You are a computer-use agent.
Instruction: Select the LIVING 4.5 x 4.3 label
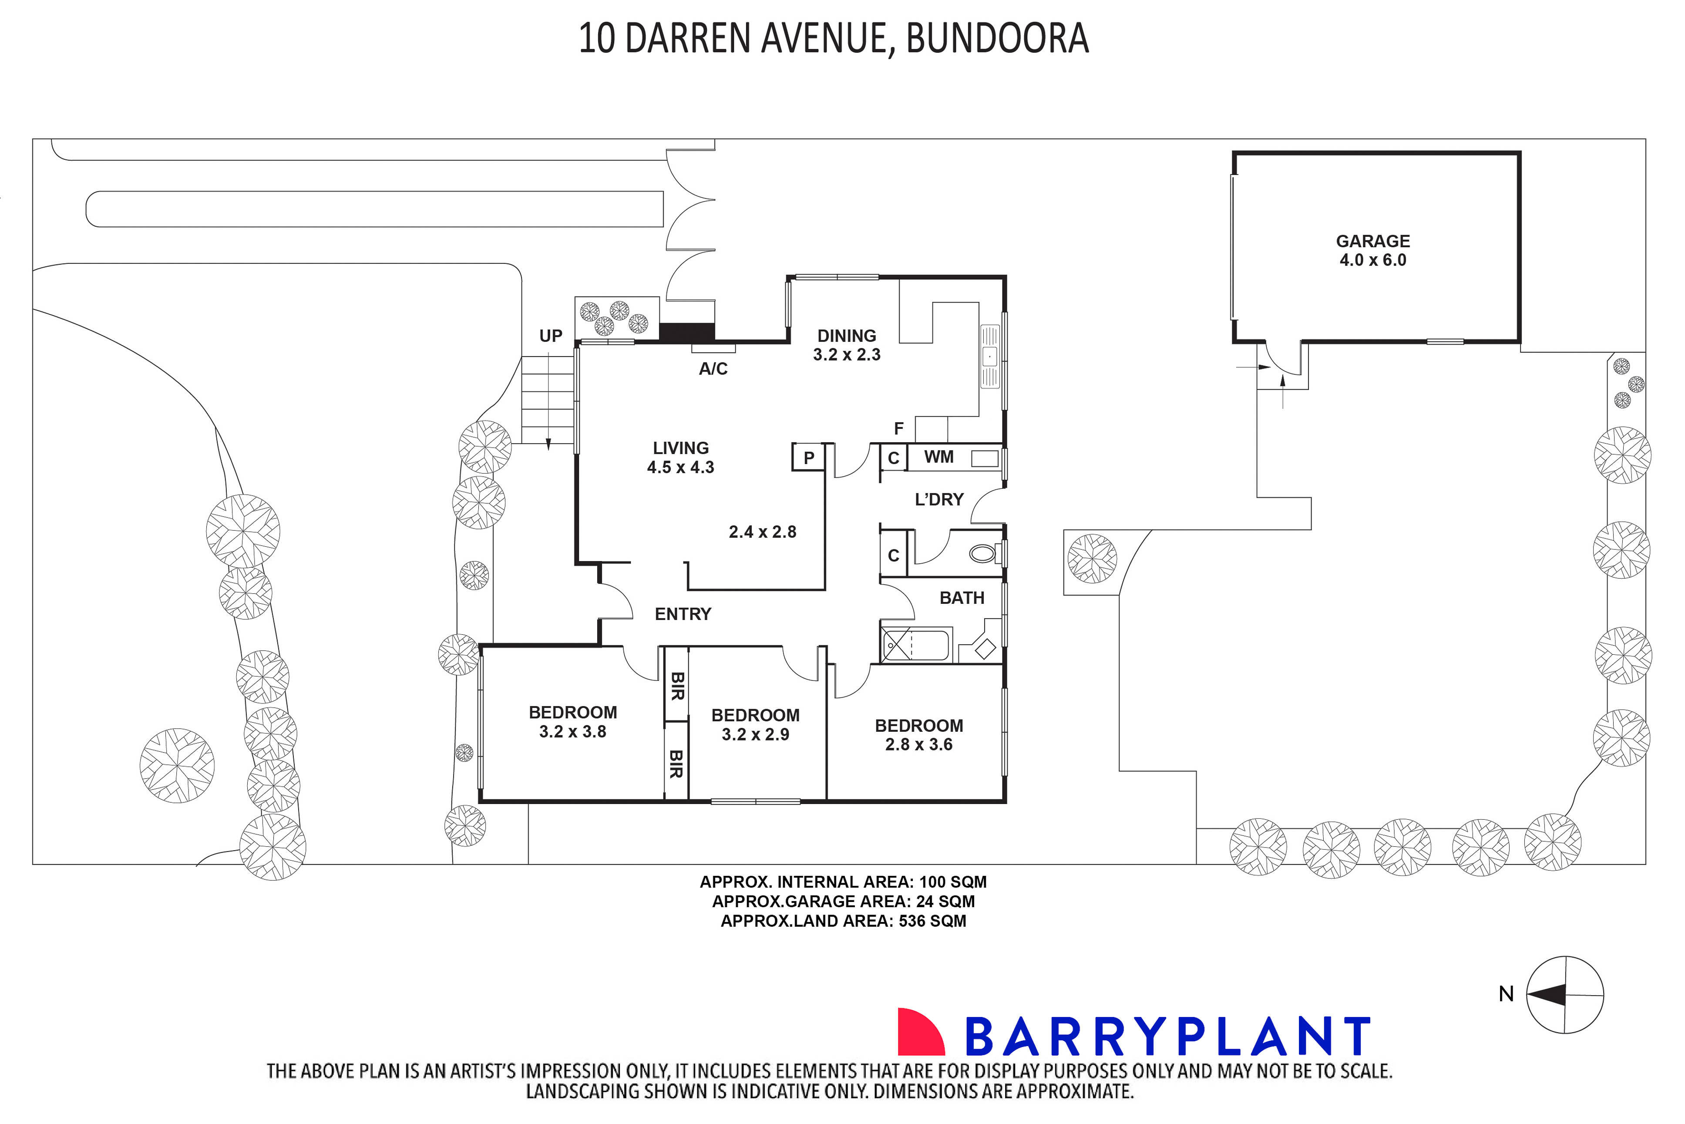point(680,458)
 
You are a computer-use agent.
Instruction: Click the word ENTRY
point(682,614)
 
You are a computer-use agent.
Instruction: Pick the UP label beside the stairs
point(551,336)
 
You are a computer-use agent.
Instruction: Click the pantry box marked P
point(808,458)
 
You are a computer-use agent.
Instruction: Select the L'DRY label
point(939,500)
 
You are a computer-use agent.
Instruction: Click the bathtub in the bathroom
point(915,644)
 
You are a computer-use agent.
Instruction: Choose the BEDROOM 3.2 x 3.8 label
point(573,722)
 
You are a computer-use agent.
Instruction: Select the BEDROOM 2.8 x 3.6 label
point(918,735)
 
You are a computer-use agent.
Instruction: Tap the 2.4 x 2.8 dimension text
point(762,532)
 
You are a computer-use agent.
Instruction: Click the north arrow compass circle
point(1564,995)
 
